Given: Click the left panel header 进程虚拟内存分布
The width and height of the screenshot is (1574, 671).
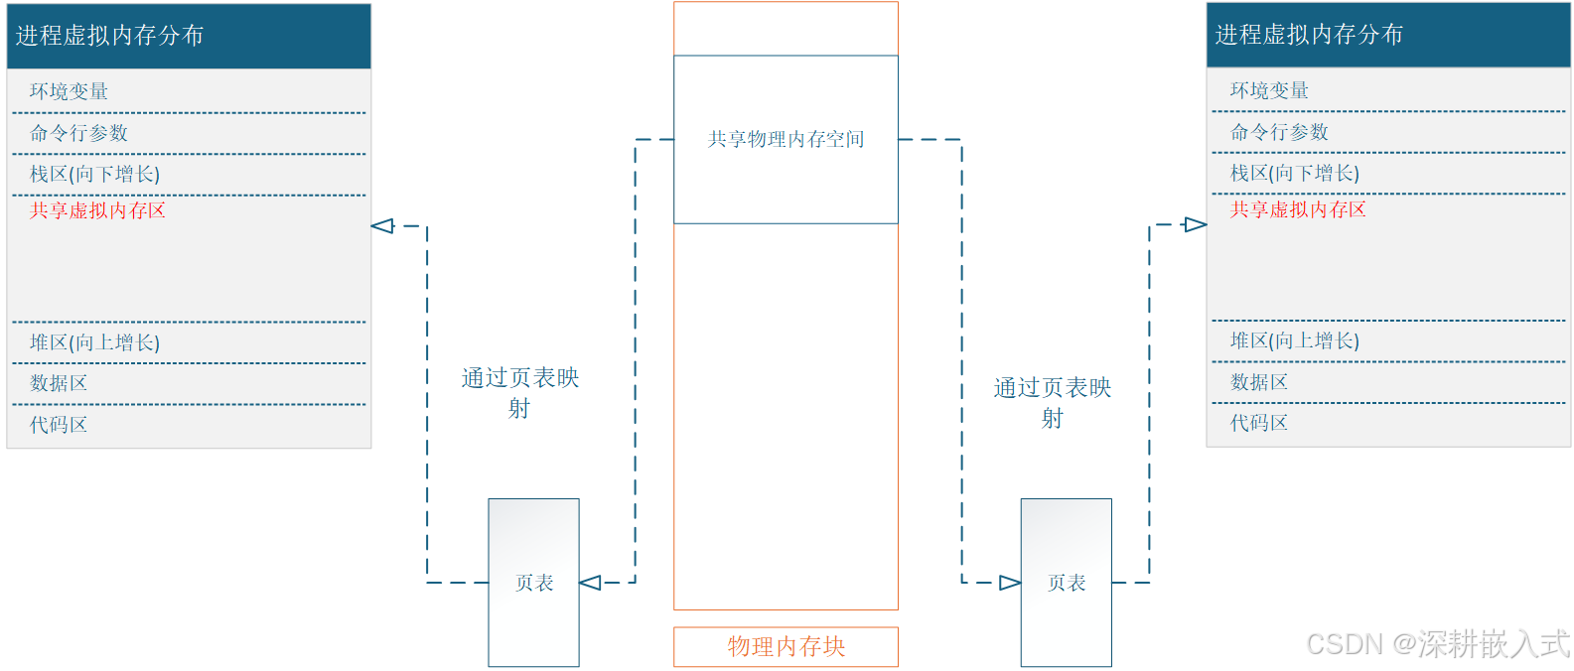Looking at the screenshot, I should [109, 36].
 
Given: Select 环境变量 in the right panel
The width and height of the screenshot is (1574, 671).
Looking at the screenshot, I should [1269, 90].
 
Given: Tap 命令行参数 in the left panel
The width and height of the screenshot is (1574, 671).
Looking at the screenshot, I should [78, 133].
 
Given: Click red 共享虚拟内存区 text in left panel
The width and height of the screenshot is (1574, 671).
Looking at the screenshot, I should [97, 210].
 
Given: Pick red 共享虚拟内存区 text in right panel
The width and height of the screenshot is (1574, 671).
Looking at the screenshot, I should [1298, 209].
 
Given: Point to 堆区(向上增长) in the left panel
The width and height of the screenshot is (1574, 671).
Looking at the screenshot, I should [94, 342].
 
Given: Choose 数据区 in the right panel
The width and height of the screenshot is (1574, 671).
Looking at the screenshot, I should [1258, 382].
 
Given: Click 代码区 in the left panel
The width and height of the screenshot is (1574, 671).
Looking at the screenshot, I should [59, 425].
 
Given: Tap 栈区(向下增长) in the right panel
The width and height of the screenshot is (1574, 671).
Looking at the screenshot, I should [1294, 173].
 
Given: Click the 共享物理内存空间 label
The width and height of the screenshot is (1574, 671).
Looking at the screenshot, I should [786, 139].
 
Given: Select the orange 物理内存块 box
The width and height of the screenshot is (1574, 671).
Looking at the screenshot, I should [786, 646].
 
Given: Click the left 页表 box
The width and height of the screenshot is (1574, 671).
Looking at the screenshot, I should [534, 583].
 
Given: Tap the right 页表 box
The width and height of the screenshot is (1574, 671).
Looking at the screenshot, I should [1067, 583].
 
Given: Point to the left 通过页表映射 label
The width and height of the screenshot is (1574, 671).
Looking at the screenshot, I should [519, 392].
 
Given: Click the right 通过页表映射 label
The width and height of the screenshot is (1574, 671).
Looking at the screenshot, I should [1053, 402].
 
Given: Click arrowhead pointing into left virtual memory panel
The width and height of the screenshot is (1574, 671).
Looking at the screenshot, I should [382, 226].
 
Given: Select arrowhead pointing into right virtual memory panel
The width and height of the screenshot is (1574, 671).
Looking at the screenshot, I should [1195, 225].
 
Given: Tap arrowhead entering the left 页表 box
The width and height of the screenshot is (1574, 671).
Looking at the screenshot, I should [591, 583].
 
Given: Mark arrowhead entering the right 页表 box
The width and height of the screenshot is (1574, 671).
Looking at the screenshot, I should [1009, 583].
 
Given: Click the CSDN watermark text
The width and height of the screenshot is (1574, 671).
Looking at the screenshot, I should [1437, 644].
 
